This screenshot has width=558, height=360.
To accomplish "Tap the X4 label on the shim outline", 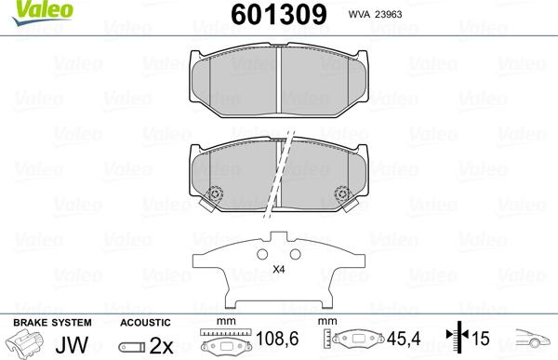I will (x=277, y=270).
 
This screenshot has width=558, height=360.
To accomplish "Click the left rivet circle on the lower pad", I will (x=216, y=195).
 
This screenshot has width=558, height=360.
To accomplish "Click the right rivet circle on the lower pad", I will (x=340, y=195).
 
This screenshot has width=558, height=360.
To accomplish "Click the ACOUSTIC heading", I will (x=145, y=322).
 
